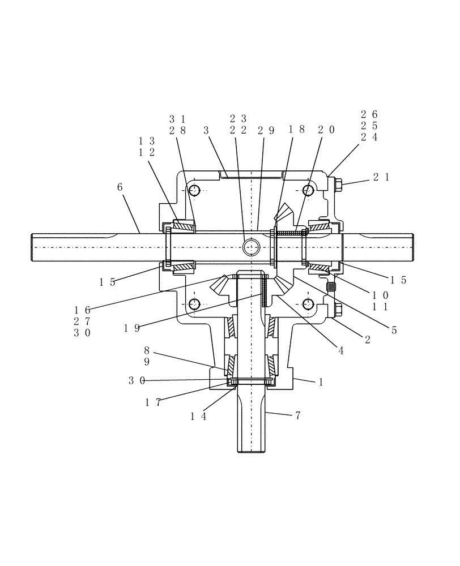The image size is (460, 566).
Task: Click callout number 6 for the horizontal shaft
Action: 120,187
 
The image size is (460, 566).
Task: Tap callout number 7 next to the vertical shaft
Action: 297,416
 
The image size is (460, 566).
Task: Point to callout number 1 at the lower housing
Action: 321,382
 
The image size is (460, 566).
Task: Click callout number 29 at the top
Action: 266,130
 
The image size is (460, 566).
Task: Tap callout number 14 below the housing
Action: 198,417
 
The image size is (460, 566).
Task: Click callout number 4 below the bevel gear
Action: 341,351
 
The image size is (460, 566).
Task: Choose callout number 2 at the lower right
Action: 368,340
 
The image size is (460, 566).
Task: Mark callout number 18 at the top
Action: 297,130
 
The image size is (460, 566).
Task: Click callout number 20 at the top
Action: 326,130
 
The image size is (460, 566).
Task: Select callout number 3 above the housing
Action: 206,130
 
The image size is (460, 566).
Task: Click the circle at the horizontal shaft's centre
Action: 250,247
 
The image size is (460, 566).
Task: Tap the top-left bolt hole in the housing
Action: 194,190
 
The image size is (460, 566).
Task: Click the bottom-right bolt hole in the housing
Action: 309,304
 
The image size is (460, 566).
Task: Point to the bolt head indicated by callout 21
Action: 338,185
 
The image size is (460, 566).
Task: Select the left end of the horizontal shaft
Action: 33,247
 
